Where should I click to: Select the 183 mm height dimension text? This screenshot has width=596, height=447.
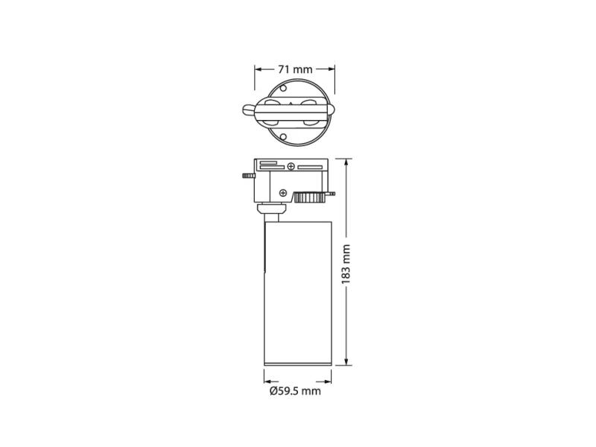click(346, 264)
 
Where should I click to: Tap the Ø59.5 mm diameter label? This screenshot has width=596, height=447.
click(295, 390)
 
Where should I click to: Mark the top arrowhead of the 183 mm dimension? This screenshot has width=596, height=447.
click(346, 162)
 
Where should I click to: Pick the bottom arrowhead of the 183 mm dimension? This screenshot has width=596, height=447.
click(346, 361)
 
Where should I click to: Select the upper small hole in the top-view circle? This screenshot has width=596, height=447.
click(283, 89)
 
